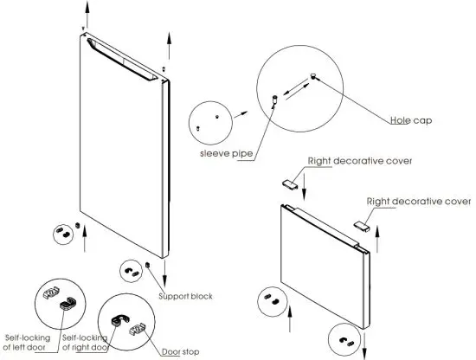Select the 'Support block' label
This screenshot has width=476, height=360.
[185, 297]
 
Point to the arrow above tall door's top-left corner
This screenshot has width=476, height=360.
[84, 12]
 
